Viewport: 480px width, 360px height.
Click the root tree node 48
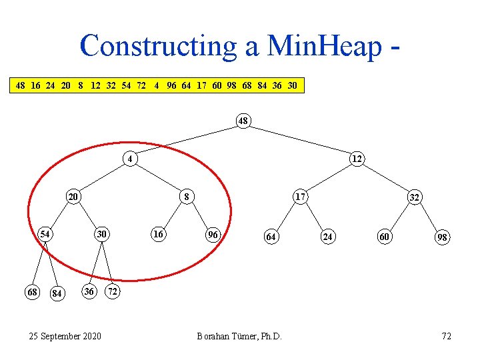(243, 121)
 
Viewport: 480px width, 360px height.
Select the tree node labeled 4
(131, 159)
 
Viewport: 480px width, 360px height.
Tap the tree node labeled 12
(357, 159)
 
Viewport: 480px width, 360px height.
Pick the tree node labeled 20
(73, 197)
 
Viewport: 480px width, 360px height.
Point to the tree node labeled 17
(301, 197)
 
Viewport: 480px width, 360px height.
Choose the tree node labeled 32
(414, 197)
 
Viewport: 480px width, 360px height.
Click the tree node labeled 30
(101, 235)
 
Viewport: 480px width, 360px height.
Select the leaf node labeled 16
(158, 235)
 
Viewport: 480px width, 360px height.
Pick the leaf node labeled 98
(442, 237)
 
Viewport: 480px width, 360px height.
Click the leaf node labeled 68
(31, 292)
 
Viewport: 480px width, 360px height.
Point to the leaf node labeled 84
(57, 294)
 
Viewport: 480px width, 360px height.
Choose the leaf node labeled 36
(89, 291)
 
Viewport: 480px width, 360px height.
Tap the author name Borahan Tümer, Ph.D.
(239, 335)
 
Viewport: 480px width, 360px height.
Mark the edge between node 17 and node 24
(314, 215)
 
